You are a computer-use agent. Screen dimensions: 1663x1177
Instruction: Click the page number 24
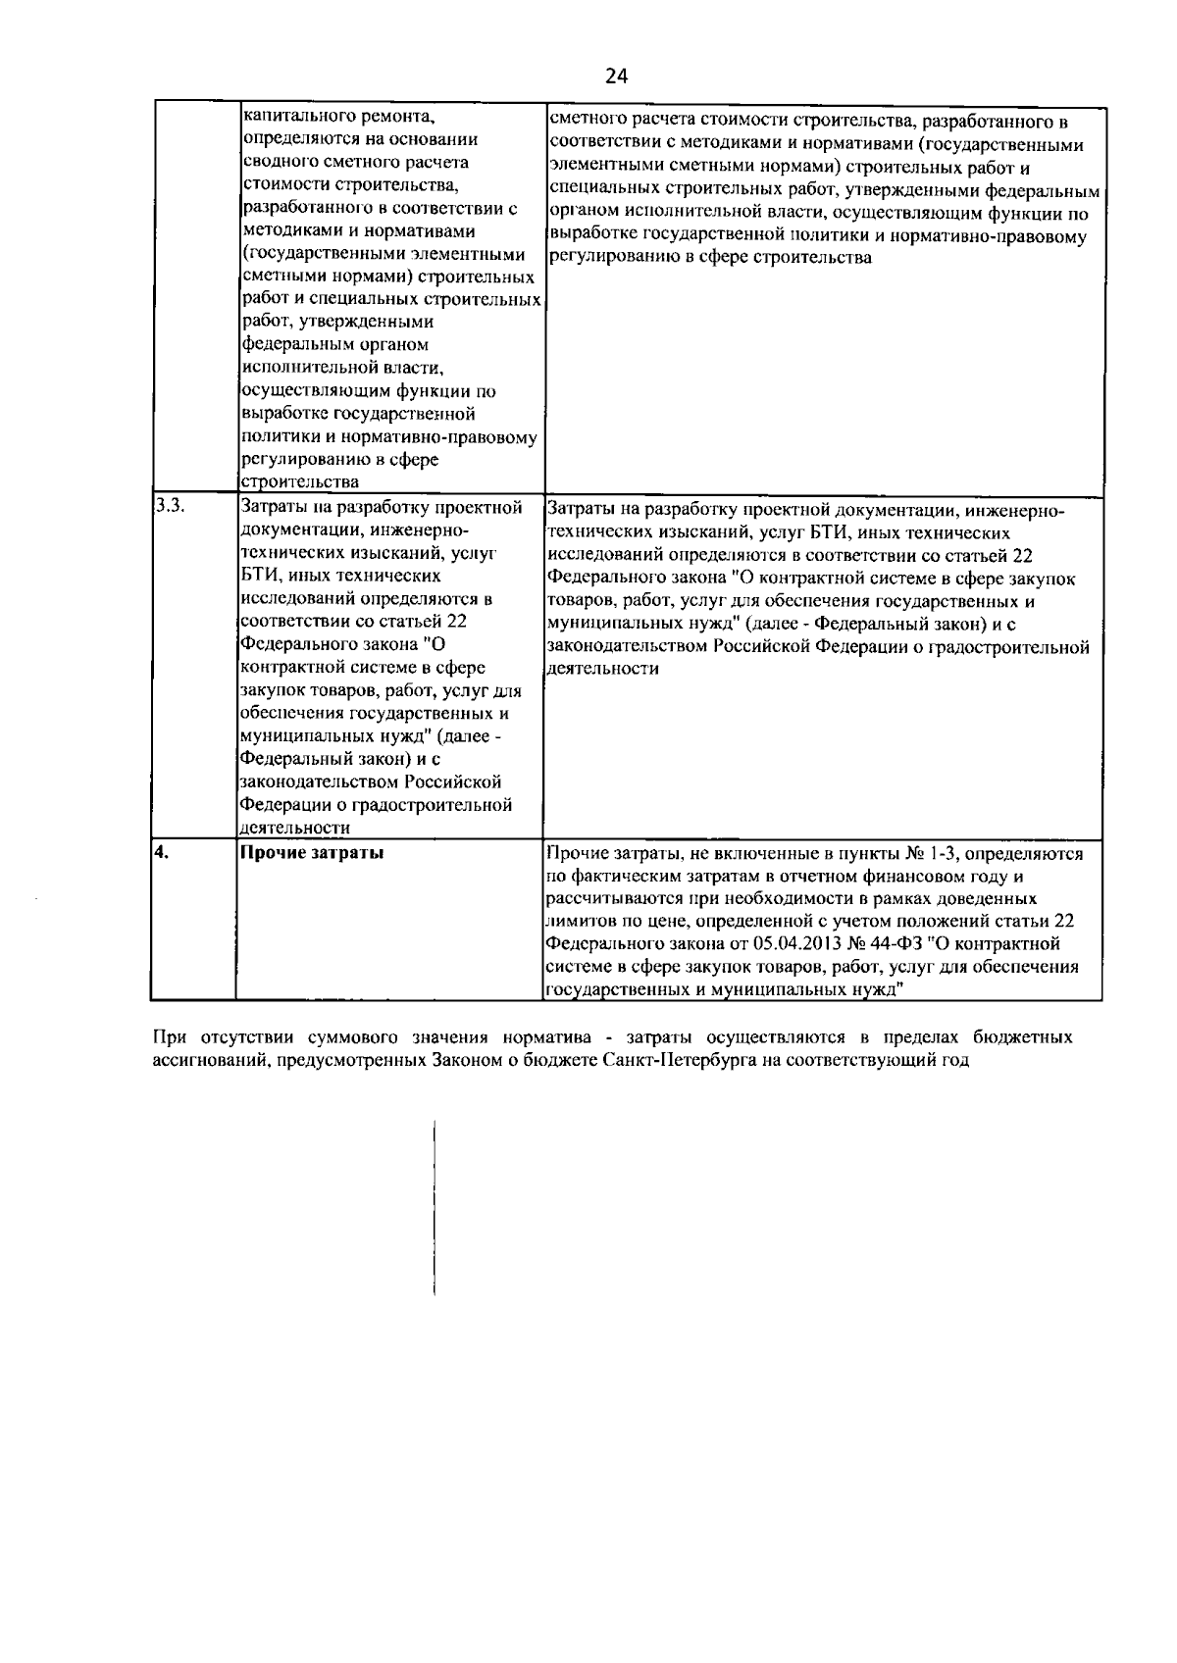click(616, 76)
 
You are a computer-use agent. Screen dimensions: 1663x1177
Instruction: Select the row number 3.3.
click(166, 507)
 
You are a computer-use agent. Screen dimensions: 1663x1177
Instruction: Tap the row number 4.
click(162, 852)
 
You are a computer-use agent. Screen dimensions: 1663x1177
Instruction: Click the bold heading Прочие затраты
click(312, 853)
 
